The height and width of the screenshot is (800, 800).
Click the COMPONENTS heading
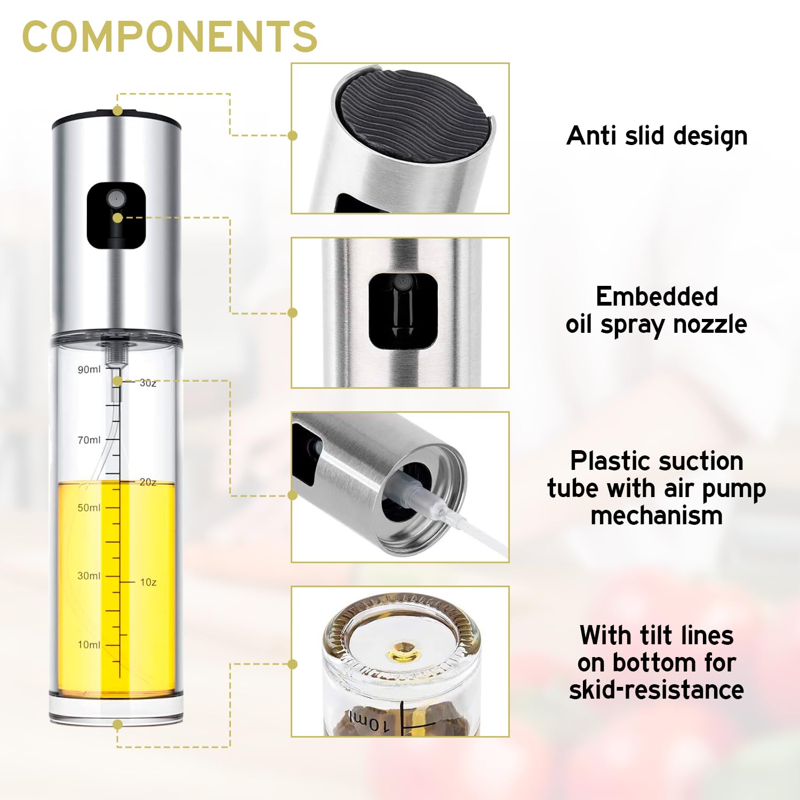[170, 36]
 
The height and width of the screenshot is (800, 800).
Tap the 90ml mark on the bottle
[89, 370]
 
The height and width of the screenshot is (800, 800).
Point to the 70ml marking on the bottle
[89, 440]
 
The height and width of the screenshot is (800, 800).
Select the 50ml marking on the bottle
[89, 508]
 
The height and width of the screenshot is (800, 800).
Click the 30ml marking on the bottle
[89, 576]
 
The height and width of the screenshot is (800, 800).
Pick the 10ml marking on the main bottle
[89, 645]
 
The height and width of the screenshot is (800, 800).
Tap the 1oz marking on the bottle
[148, 582]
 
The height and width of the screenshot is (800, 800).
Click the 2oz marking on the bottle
[148, 482]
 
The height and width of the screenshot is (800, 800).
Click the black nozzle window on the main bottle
[116, 215]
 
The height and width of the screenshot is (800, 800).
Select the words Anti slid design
[657, 136]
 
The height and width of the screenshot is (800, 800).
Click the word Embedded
[657, 297]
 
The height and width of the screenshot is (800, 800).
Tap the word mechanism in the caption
[657, 516]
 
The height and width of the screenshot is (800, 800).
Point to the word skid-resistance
[657, 690]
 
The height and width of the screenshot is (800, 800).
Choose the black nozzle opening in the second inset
[403, 311]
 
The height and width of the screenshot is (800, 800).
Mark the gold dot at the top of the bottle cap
[118, 110]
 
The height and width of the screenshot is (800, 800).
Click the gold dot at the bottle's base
[118, 724]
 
